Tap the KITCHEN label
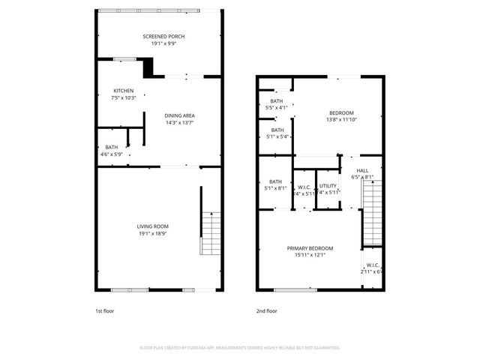coord(124,91)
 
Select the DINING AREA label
coord(180,115)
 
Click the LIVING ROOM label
coord(152,226)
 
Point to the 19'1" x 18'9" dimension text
coord(152,234)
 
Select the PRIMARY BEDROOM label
coord(310,248)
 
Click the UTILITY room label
coord(328,185)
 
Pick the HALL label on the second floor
coord(362,170)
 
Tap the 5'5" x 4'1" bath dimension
coord(277,108)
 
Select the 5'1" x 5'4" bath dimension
coord(277,136)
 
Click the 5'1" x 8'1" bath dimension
coord(275,188)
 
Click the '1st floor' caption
coord(104,310)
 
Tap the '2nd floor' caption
coord(267,310)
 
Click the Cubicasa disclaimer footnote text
coord(240,347)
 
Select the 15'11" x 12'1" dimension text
coord(310,255)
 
